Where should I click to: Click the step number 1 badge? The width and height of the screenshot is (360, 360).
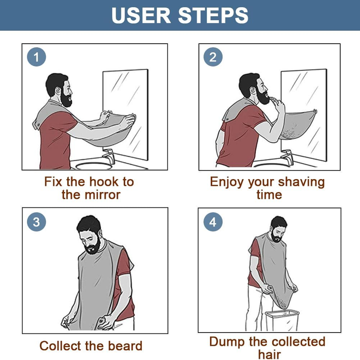(36, 57)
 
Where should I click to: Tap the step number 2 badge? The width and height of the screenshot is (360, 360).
(213, 57)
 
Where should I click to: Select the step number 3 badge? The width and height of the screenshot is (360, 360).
(36, 221)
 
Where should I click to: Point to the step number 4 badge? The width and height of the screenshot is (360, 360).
(213, 221)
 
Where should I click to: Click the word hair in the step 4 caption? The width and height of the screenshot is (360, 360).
(269, 354)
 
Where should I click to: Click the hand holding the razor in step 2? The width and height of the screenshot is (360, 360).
(279, 104)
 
